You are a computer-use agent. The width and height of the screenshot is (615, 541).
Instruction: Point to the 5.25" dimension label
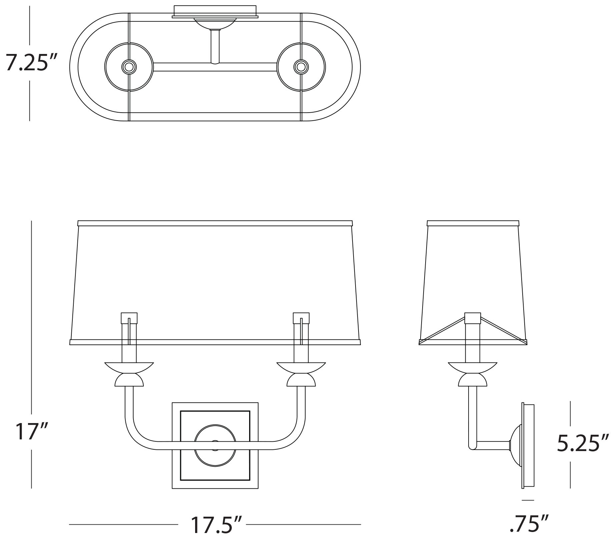coord(583,444)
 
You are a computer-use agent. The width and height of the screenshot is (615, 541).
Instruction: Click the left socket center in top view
coord(129,67)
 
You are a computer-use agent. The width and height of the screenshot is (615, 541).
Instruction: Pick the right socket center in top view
coord(301,67)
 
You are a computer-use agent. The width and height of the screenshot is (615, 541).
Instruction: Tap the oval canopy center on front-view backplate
coord(215,442)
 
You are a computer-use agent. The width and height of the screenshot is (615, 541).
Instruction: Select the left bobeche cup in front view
coord(129,367)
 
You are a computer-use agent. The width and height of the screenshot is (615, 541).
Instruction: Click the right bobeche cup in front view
coord(301,367)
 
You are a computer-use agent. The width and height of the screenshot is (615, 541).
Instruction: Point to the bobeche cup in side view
coord(473,367)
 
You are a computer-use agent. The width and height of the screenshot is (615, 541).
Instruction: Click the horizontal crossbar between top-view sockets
coord(215,67)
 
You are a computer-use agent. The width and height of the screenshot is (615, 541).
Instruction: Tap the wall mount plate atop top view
coord(215,11)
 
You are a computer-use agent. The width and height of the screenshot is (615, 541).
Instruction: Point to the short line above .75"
coord(528,509)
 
